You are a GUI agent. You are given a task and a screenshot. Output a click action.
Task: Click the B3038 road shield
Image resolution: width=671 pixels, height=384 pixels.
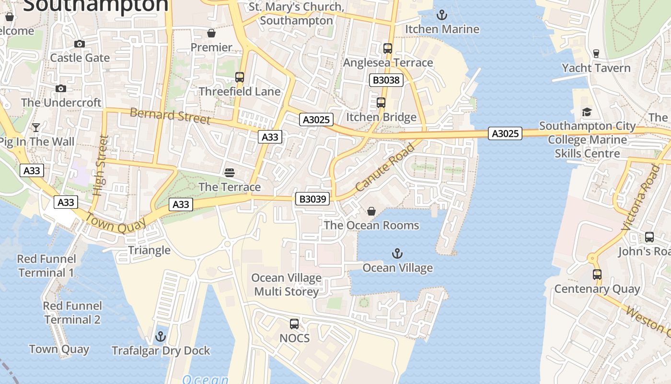point(386,80)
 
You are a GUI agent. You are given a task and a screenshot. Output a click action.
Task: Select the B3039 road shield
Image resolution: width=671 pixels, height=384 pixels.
point(312,199)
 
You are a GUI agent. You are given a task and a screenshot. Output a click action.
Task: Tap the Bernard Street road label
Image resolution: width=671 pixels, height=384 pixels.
point(170,116)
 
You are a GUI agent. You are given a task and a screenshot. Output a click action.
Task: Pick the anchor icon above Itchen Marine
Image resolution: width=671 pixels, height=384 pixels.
point(442,15)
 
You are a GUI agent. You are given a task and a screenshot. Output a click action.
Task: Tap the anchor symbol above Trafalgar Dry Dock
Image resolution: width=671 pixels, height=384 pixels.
point(161,336)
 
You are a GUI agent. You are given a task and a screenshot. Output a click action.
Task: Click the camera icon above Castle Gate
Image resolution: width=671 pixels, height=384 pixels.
point(80,44)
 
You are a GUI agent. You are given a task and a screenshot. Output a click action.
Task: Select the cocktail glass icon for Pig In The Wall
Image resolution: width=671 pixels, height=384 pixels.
point(36,127)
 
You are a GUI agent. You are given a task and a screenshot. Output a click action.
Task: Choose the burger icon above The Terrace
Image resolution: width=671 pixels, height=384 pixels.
point(230,172)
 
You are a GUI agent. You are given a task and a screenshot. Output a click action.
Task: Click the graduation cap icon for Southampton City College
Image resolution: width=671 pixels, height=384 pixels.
point(587,112)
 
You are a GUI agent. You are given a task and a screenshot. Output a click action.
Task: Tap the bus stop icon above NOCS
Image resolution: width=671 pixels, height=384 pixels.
point(294,324)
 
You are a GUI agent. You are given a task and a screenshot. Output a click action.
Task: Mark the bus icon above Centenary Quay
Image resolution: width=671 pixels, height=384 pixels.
point(597,275)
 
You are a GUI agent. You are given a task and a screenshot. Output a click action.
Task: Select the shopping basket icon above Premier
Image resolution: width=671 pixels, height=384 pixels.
point(211,33)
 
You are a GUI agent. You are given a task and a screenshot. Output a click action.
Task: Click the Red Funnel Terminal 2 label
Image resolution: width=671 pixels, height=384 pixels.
point(72,313)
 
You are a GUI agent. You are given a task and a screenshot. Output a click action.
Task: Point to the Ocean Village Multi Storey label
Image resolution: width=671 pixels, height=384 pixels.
point(286,285)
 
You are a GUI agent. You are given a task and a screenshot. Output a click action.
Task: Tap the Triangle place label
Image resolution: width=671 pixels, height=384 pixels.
point(149,250)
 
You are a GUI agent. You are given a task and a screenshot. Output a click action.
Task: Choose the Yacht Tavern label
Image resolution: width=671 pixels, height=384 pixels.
point(596,68)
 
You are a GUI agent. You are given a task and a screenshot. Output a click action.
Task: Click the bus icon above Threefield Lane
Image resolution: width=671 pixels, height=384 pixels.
point(239,77)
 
